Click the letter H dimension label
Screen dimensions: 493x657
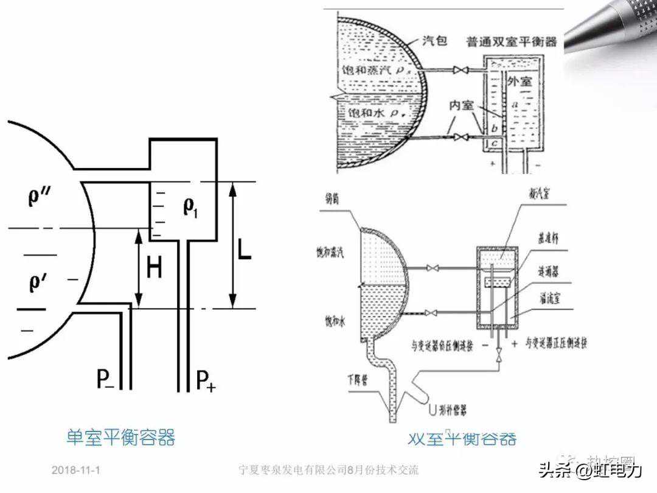click(x=155, y=268)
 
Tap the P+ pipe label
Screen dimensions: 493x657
click(x=206, y=381)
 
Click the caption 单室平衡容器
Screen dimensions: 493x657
click(x=120, y=437)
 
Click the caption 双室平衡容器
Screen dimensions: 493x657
click(x=462, y=438)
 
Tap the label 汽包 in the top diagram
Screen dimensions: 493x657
click(x=434, y=41)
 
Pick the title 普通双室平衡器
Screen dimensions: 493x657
click(x=512, y=42)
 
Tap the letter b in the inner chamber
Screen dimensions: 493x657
click(x=495, y=128)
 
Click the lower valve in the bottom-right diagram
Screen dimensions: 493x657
click(x=433, y=313)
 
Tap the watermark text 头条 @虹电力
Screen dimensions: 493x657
click(x=589, y=470)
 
